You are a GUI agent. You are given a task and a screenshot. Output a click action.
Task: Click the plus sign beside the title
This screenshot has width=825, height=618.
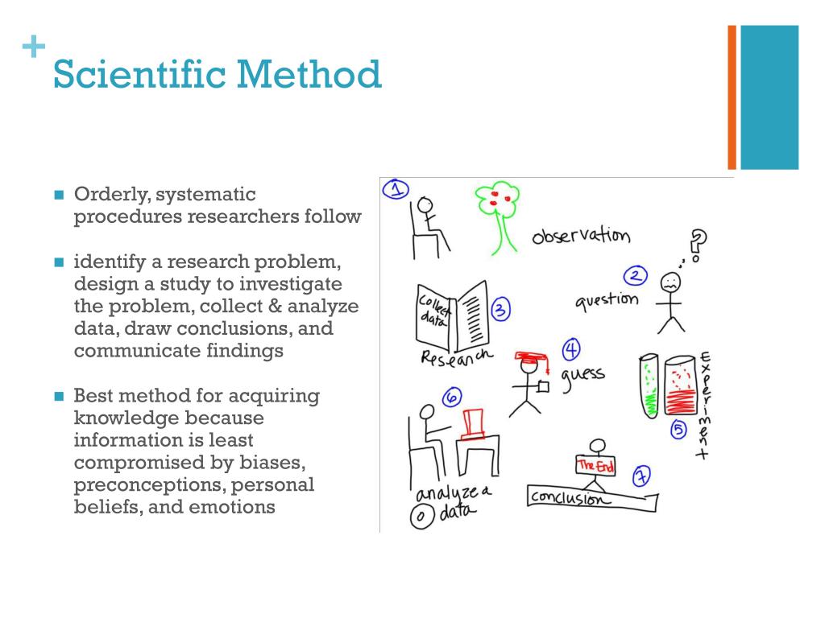(x=32, y=47)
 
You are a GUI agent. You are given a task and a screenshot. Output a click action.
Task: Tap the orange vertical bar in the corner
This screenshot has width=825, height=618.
(x=732, y=97)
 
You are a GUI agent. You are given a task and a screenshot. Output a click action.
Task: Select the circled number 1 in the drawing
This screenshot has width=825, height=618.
(x=395, y=190)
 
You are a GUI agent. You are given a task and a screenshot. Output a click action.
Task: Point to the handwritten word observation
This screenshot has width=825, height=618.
(x=580, y=236)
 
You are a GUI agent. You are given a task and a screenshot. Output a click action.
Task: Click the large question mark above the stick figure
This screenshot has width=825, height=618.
(x=699, y=242)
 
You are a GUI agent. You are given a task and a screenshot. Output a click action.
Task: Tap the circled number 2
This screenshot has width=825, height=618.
(x=636, y=277)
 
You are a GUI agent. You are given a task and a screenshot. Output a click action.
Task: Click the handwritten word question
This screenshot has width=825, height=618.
(x=607, y=301)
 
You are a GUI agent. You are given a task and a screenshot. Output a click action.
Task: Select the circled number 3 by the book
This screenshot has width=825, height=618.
(x=500, y=311)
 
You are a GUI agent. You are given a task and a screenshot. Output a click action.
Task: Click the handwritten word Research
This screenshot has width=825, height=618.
(x=456, y=357)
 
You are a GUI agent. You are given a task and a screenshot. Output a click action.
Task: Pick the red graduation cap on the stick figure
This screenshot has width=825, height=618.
(x=533, y=356)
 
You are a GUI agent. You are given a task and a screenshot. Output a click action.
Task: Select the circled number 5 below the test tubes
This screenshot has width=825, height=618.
(x=678, y=429)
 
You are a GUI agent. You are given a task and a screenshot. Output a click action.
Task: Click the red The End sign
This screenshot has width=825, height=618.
(x=595, y=465)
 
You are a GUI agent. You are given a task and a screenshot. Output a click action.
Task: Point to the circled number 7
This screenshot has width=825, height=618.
(x=641, y=476)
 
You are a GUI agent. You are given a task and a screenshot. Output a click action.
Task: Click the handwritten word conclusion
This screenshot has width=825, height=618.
(x=567, y=499)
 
